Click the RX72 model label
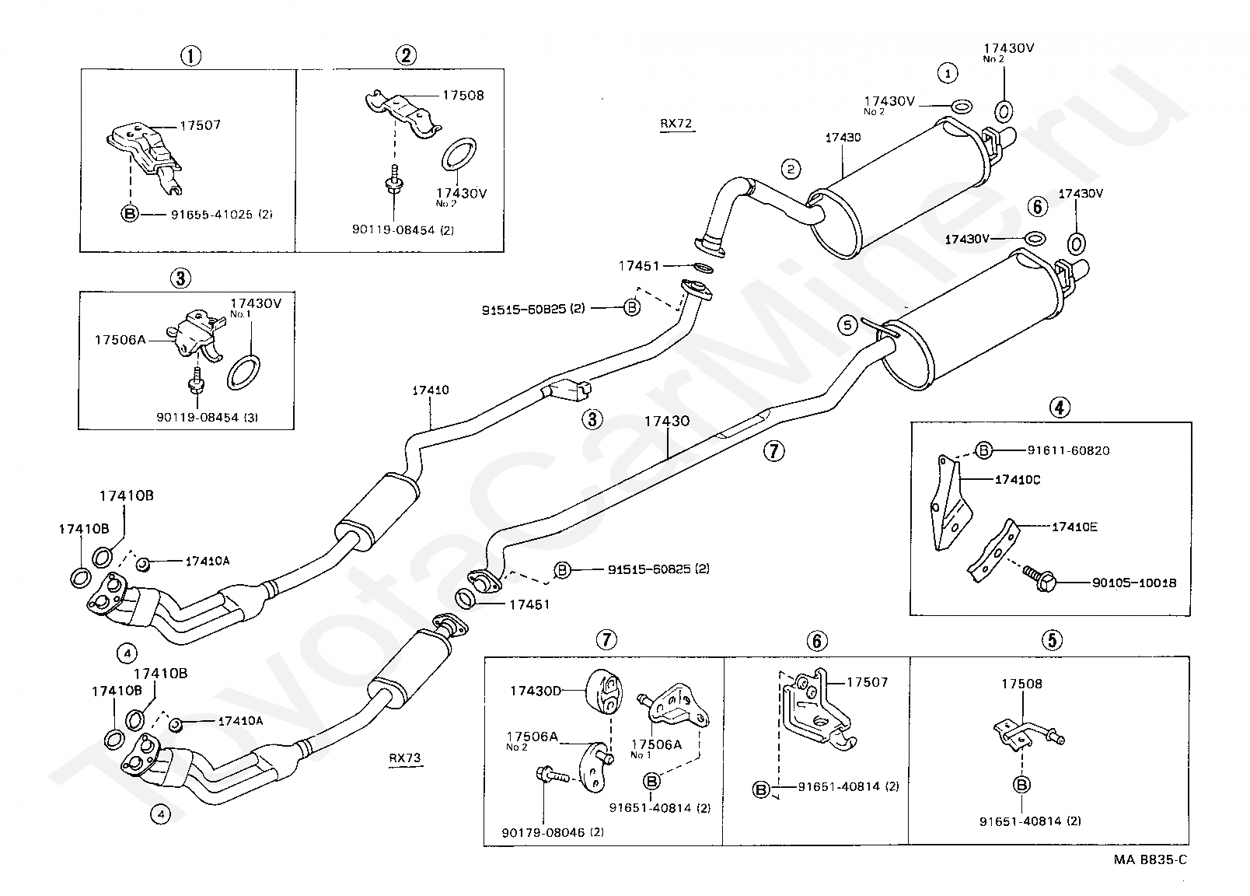pyautogui.click(x=676, y=124)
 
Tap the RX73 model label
pyautogui.click(x=405, y=758)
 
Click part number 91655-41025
pyautogui.click(x=211, y=215)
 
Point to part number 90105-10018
pyautogui.click(x=1134, y=583)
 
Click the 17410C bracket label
pyautogui.click(x=1018, y=480)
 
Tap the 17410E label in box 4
pyautogui.click(x=1074, y=527)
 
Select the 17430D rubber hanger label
pyautogui.click(x=536, y=691)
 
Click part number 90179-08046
pyautogui.click(x=543, y=832)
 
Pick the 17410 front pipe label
pyautogui.click(x=430, y=390)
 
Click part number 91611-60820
pyautogui.click(x=1069, y=450)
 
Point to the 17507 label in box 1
pyautogui.click(x=201, y=125)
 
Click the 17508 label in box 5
pyautogui.click(x=1021, y=684)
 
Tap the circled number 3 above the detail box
pyautogui.click(x=181, y=278)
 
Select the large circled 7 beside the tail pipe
pyautogui.click(x=774, y=450)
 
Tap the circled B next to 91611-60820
pyautogui.click(x=984, y=450)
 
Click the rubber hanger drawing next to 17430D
pyautogui.click(x=604, y=691)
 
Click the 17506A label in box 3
pyautogui.click(x=120, y=340)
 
